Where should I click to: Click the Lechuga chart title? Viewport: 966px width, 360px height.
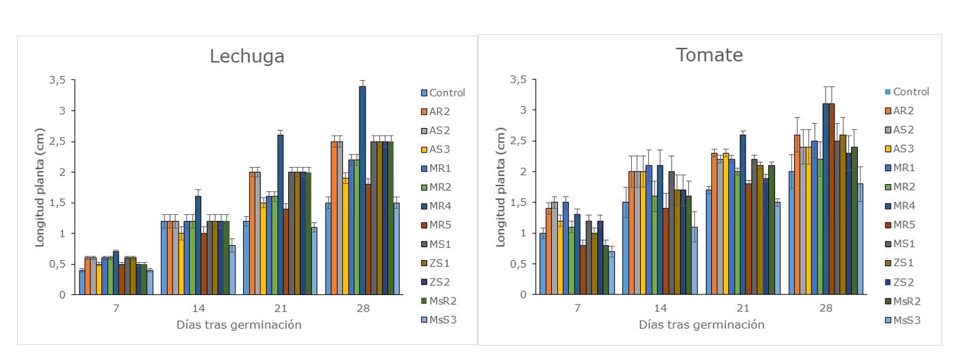[246, 57]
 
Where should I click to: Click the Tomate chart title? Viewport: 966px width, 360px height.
[709, 55]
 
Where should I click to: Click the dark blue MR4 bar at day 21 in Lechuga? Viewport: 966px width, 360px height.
[280, 214]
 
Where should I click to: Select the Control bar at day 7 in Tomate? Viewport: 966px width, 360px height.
[543, 263]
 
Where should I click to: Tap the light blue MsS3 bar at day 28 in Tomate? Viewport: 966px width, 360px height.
[861, 239]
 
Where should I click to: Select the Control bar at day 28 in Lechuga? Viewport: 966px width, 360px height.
[328, 248]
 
